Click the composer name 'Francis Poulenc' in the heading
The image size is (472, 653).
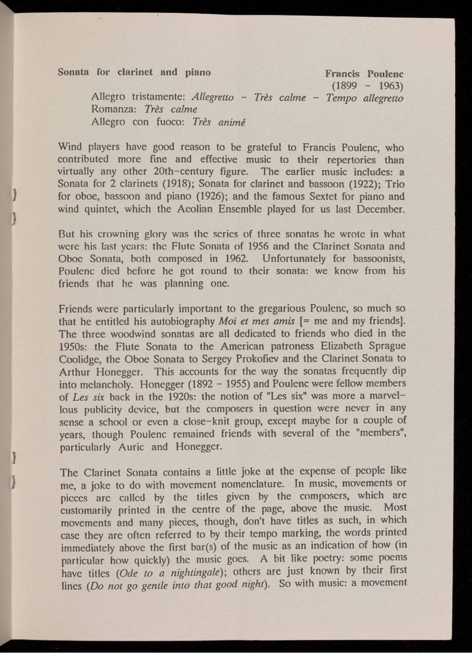pyautogui.click(x=365, y=74)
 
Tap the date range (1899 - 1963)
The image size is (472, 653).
pyautogui.click(x=368, y=86)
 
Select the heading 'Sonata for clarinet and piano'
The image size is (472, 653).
pyautogui.click(x=134, y=72)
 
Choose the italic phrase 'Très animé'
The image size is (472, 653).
pyautogui.click(x=219, y=123)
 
